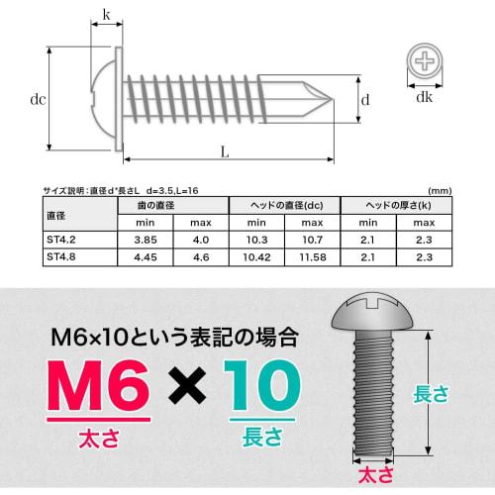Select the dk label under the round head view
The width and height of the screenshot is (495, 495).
pos(425,98)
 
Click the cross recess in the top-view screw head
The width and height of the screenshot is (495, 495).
pos(426,63)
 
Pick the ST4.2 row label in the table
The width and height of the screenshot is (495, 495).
pos(62,241)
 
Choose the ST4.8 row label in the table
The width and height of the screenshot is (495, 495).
pos(62,257)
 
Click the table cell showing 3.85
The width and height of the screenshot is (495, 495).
pos(146,241)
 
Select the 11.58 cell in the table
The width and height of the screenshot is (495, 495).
pos(312,257)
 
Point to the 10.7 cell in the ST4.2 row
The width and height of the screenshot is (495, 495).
pos(312,241)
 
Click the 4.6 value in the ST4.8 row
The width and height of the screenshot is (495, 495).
pos(201,257)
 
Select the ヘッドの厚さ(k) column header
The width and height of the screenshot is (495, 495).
pos(396,205)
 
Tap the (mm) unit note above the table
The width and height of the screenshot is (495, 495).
pos(439,190)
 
